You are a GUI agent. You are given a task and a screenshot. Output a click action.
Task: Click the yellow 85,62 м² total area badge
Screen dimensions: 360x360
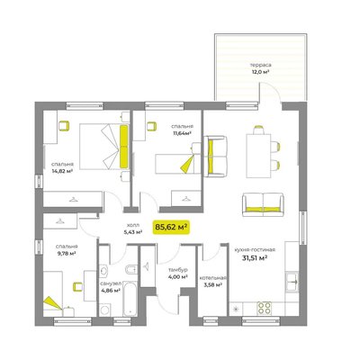point(172,227)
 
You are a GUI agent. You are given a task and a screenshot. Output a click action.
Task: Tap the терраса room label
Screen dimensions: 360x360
point(260,65)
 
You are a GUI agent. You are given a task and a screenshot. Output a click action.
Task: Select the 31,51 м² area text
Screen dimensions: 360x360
point(255,258)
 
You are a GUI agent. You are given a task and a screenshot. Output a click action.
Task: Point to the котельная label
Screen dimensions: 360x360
point(212,278)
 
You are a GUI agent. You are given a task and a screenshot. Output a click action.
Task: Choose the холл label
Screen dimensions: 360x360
point(133,225)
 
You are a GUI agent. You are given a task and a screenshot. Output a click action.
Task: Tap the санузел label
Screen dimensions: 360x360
point(111,283)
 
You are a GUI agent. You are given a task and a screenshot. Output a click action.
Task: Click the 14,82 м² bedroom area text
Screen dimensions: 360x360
point(62,171)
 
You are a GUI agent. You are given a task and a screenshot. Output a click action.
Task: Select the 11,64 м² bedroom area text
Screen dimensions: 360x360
point(182,133)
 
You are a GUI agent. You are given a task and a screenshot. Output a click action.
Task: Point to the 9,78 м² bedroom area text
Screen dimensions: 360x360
point(67,254)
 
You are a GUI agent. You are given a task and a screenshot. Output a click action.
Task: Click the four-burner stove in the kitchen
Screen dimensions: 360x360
point(265,308)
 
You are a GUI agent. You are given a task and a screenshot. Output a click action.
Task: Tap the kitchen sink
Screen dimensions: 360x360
point(292,282)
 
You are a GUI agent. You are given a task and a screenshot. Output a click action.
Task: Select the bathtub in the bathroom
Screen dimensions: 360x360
point(130,298)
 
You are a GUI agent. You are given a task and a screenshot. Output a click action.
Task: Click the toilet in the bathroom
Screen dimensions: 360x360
point(131,270)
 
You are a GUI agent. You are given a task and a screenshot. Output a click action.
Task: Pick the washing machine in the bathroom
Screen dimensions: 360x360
point(105,310)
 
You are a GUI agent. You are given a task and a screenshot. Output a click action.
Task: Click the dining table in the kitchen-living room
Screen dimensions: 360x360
point(258,156)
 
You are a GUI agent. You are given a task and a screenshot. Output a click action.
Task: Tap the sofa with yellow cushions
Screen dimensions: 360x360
point(263,204)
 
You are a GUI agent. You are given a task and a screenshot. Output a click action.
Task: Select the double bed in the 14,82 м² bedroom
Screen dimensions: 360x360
point(104,147)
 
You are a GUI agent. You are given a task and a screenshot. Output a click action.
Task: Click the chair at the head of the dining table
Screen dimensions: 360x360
point(258,130)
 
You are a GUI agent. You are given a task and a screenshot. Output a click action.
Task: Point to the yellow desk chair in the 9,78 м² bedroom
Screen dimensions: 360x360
point(78,286)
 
